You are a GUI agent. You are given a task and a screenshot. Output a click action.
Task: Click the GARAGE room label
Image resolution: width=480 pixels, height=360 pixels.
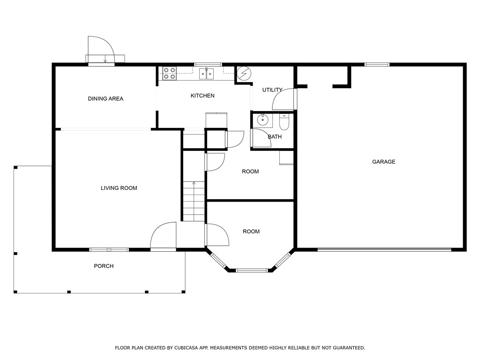pyautogui.click(x=383, y=162)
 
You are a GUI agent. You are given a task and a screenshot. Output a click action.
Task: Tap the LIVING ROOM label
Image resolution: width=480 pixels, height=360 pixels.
pyautogui.click(x=119, y=188)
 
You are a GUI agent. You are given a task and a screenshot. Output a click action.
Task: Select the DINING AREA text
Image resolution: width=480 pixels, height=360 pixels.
pyautogui.click(x=105, y=98)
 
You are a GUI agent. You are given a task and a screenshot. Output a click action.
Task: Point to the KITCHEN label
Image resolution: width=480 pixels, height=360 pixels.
pyautogui.click(x=202, y=96)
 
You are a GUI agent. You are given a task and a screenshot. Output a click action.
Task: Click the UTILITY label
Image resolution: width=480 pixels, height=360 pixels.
pyautogui.click(x=272, y=90)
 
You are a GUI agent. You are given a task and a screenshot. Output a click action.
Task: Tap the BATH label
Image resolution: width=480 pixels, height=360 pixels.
pyautogui.click(x=275, y=137)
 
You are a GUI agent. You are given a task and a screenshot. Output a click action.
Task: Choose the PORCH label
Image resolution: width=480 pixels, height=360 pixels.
pyautogui.click(x=104, y=266)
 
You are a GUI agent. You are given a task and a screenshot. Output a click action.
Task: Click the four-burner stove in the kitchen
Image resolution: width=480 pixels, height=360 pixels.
pyautogui.click(x=169, y=73)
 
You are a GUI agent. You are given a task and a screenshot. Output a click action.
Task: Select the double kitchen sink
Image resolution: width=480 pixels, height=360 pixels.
pyautogui.click(x=206, y=74)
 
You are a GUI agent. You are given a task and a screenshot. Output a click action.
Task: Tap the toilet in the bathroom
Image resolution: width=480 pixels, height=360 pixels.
pyautogui.click(x=284, y=123)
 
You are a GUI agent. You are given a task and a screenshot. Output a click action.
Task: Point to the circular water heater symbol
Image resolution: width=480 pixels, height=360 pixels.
pyautogui.click(x=244, y=74)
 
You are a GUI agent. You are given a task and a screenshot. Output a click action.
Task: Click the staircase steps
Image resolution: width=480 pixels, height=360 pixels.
pyautogui.click(x=194, y=202)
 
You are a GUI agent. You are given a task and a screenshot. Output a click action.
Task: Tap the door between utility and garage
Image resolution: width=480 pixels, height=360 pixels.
pyautogui.click(x=284, y=99)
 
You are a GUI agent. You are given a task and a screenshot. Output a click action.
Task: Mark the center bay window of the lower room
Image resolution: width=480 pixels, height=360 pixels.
pyautogui.click(x=252, y=270)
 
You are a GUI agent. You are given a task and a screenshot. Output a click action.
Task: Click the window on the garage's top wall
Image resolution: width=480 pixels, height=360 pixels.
pyautogui.click(x=377, y=64)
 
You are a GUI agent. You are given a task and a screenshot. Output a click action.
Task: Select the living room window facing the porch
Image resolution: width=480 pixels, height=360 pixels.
pyautogui.click(x=109, y=249)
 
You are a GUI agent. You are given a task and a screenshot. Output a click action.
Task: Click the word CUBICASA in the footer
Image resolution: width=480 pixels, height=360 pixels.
pyautogui.click(x=188, y=348)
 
